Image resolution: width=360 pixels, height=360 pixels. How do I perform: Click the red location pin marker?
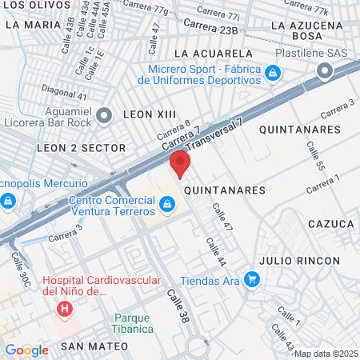click(180, 166)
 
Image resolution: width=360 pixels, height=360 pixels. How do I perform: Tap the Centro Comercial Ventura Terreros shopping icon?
click(166, 206)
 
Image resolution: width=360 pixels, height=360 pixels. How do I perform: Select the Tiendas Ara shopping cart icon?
click(252, 280)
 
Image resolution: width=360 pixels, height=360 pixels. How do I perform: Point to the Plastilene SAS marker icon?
click(325, 73)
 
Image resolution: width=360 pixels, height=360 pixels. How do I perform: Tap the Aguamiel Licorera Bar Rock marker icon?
click(104, 117)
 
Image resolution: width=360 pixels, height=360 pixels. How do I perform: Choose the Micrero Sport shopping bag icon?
click(274, 74)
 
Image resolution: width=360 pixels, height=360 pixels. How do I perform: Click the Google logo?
click(26, 350)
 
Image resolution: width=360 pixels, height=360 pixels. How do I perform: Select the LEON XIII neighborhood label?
click(149, 114)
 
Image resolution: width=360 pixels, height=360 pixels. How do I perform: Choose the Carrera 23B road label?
click(211, 30)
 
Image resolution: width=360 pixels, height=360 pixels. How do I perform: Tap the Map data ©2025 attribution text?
click(326, 354)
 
